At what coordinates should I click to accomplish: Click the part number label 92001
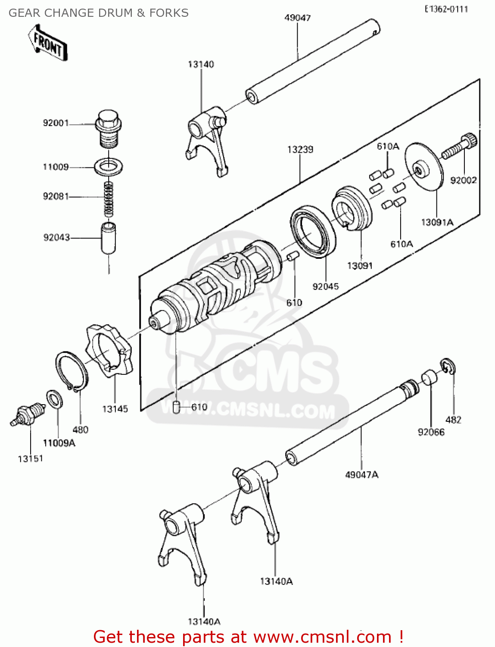pos(56,123)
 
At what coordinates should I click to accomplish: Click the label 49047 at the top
pos(297,18)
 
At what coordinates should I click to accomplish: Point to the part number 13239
pos(300,149)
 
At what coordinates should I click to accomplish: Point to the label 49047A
pos(361,475)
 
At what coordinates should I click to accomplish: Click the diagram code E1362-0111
pos(446,9)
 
